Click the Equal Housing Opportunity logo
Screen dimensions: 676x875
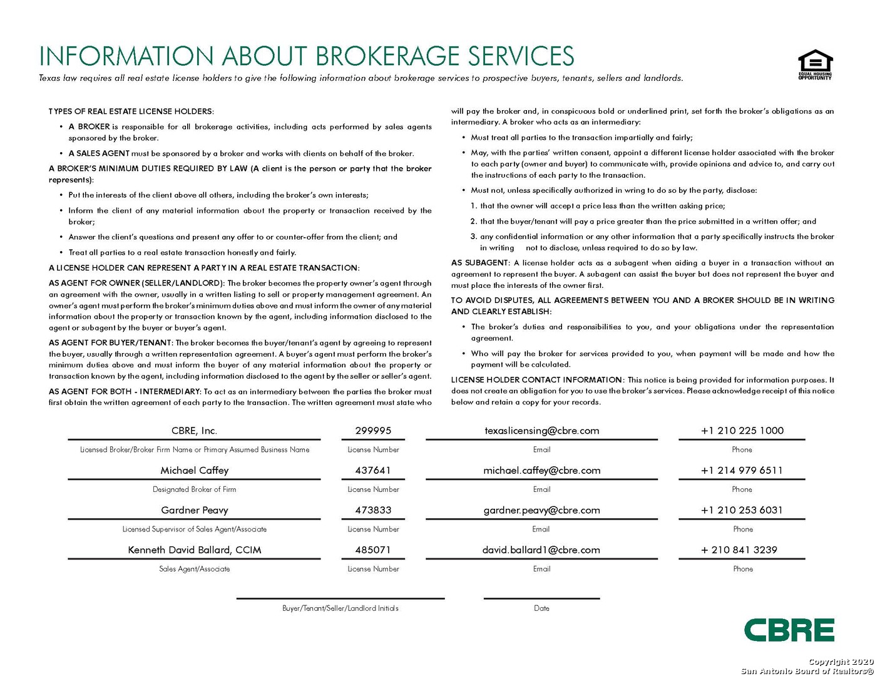click(x=815, y=64)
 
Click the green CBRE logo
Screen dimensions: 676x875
click(x=789, y=630)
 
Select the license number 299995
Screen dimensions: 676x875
click(x=373, y=431)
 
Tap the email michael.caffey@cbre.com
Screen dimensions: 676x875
click(x=541, y=471)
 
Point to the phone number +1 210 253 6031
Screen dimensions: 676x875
click(x=742, y=510)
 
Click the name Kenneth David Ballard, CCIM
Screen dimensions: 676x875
click(x=195, y=550)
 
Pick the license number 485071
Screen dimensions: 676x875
click(x=373, y=550)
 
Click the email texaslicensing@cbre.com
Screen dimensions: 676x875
click(x=541, y=431)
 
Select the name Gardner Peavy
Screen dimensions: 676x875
click(x=195, y=510)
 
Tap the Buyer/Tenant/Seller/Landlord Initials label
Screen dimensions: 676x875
click(x=340, y=608)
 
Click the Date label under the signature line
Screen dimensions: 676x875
click(x=541, y=608)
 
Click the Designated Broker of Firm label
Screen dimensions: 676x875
click(x=195, y=489)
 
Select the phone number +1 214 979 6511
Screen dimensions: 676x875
click(x=742, y=471)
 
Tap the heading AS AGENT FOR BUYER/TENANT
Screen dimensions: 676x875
click(x=110, y=343)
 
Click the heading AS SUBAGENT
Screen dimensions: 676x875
click(x=480, y=263)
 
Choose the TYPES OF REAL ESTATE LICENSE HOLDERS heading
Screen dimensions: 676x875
click(x=131, y=111)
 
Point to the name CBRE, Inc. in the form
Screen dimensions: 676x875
click(x=195, y=431)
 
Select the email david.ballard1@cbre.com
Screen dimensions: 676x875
click(x=541, y=550)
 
